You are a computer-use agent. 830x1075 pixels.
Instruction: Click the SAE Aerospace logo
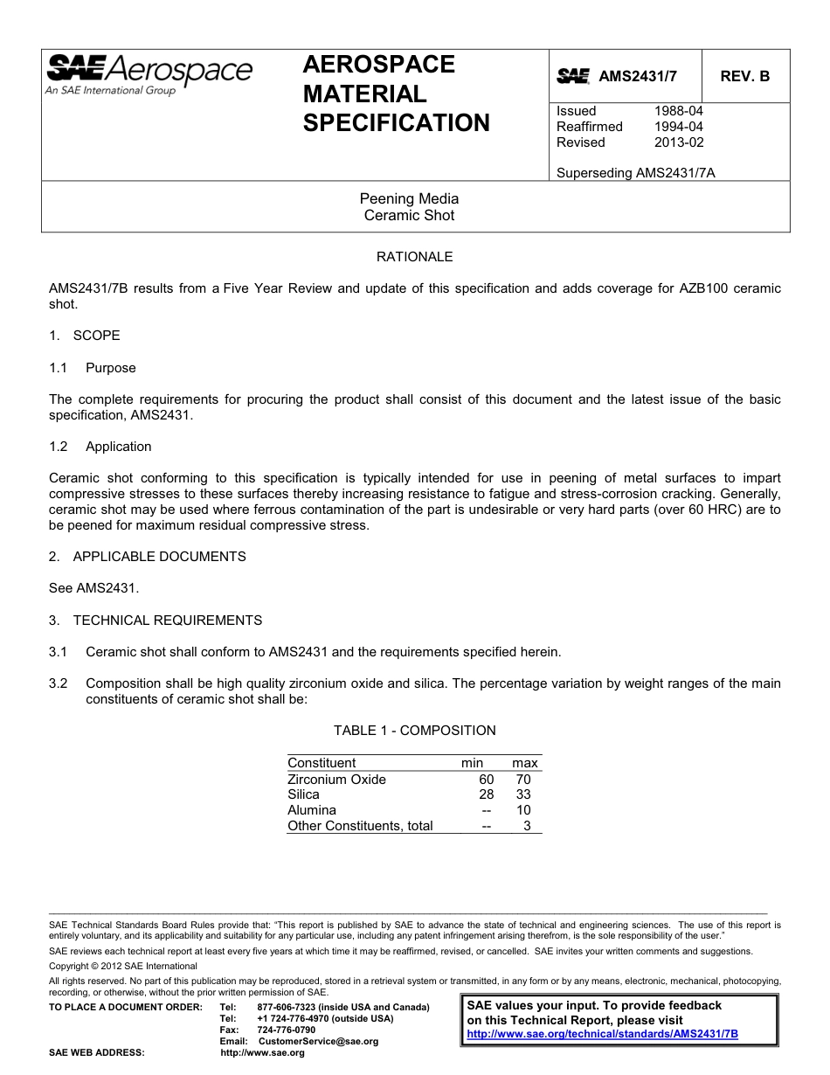149,74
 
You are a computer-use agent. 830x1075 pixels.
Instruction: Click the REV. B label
744,76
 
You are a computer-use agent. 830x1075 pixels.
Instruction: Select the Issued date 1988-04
678,111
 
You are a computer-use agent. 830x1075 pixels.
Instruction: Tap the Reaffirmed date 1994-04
678,127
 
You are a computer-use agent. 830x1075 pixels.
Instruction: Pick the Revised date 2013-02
678,142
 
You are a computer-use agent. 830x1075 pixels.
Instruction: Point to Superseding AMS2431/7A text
635,173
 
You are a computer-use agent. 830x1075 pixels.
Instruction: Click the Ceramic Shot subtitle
409,215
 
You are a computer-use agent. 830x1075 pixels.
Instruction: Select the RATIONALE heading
414,257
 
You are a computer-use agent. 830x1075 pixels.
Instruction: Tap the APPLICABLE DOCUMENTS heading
159,557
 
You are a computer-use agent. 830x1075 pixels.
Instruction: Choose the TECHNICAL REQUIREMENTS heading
167,621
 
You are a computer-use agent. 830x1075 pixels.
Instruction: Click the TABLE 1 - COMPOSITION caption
414,731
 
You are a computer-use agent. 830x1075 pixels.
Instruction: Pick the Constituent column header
322,763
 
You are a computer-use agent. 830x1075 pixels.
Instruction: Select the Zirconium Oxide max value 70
522,780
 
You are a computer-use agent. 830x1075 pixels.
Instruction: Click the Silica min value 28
486,794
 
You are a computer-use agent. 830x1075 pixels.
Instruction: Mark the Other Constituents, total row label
360,826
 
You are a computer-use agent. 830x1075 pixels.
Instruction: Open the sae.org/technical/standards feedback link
602,1033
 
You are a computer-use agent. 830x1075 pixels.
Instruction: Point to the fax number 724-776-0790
286,1030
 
